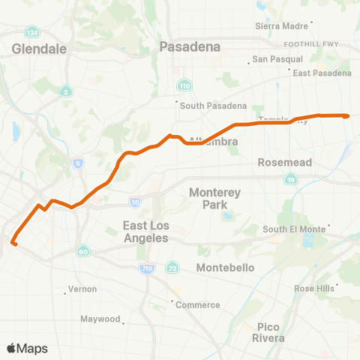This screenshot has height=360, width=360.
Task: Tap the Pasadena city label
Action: click(190, 46)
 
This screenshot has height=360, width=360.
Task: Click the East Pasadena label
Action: click(322, 73)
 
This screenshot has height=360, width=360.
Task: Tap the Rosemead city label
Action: click(280, 162)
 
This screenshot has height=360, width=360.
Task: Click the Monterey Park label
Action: click(214, 198)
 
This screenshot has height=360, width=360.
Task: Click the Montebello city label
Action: click(225, 268)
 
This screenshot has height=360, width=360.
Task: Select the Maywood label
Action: click(101, 319)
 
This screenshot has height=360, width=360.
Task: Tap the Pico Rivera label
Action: click(268, 332)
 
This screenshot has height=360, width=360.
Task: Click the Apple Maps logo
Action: click(27, 348)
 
